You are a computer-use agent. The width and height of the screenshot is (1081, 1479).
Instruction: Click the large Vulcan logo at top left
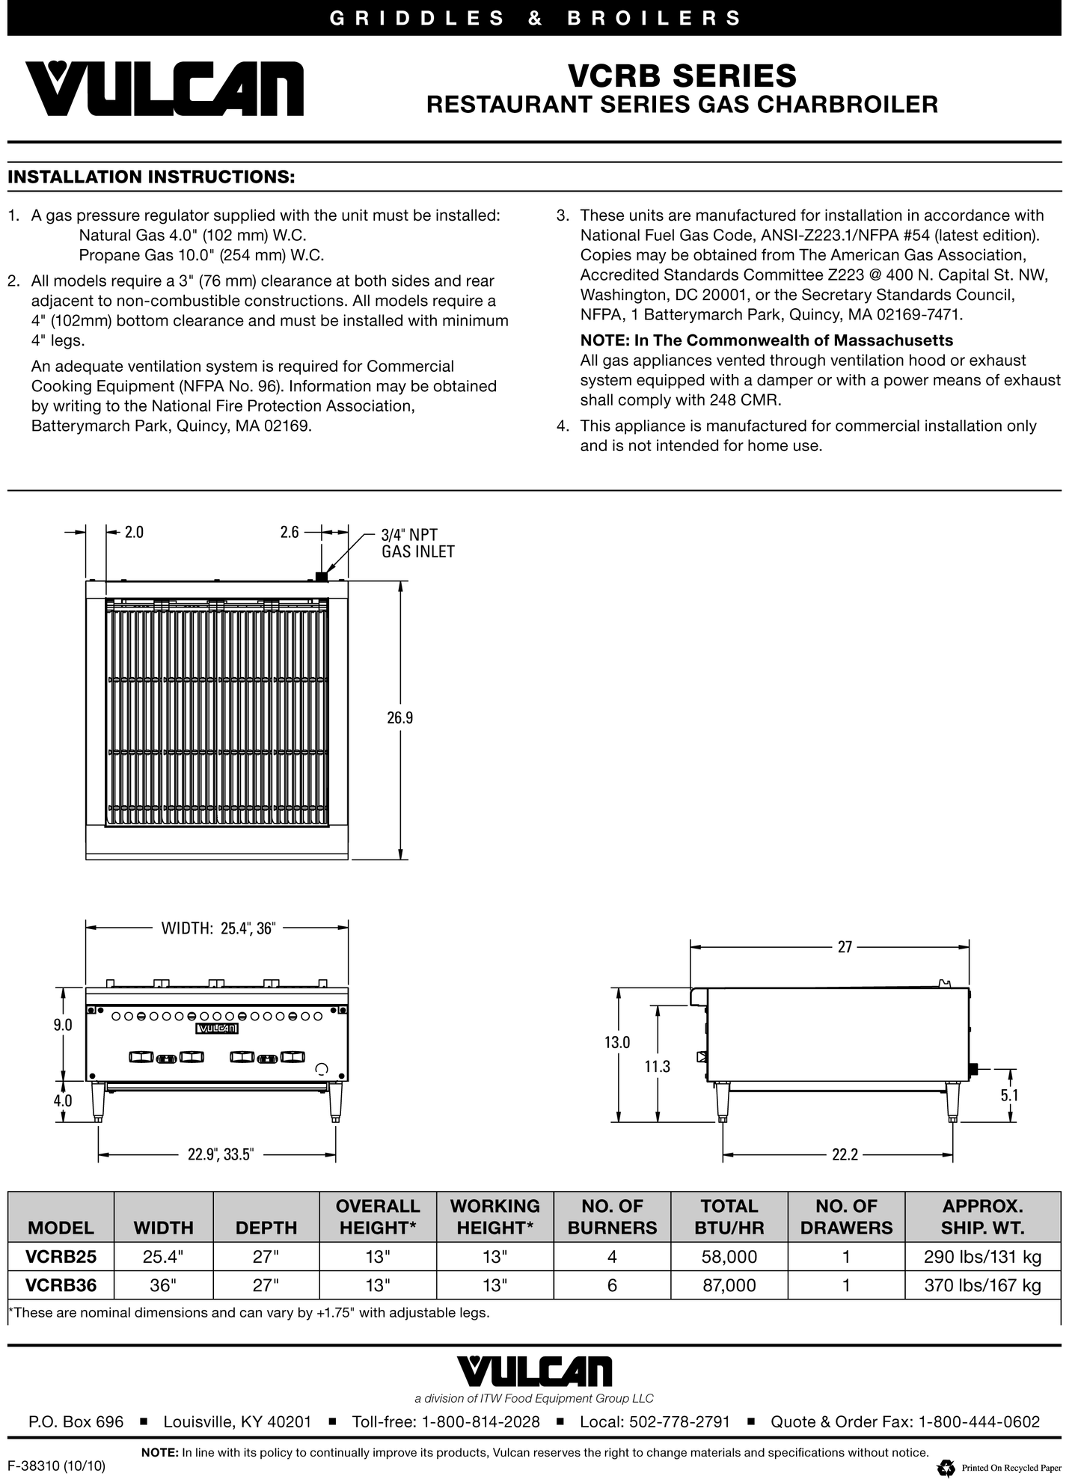tap(165, 88)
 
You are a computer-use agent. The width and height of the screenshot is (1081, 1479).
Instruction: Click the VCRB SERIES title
tap(682, 76)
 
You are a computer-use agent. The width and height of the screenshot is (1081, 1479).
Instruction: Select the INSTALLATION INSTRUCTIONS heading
tap(150, 177)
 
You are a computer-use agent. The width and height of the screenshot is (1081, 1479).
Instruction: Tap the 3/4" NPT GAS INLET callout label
tap(417, 543)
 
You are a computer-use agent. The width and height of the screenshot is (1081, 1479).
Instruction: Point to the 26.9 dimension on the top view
tap(400, 718)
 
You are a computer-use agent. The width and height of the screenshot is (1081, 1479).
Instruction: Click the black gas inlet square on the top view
tap(322, 577)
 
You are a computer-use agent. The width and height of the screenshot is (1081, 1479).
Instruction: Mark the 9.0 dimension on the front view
tap(63, 1025)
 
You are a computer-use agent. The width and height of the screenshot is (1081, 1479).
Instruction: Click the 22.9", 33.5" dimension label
tap(221, 1154)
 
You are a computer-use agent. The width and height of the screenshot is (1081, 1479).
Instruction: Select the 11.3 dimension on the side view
tap(657, 1067)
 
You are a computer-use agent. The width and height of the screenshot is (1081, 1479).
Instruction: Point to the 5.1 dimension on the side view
tap(1009, 1095)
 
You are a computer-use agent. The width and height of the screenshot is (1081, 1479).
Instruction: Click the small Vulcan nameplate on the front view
tap(217, 1029)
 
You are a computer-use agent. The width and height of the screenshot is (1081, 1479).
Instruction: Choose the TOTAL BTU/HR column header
tap(729, 1216)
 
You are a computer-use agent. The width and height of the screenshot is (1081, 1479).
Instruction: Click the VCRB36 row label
tap(61, 1285)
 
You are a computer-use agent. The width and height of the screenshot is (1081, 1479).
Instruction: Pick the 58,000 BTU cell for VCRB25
tap(729, 1257)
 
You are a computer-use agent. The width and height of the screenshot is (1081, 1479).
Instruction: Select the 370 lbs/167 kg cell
tap(982, 1285)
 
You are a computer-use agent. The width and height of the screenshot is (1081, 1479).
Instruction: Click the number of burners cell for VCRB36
tap(612, 1285)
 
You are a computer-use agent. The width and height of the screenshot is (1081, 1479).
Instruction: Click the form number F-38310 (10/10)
tap(57, 1466)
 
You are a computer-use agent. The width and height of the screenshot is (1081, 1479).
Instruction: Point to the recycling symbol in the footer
tap(946, 1467)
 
